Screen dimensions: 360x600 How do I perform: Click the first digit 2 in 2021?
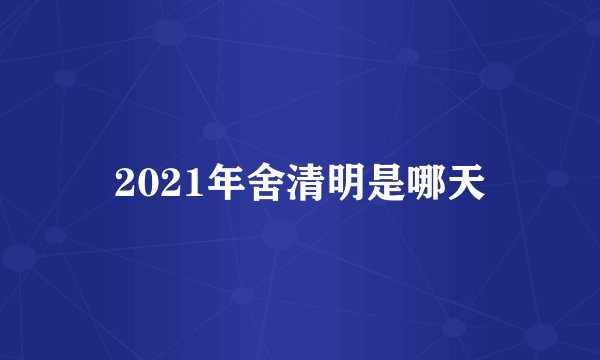124,182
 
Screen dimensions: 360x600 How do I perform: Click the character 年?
208,182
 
